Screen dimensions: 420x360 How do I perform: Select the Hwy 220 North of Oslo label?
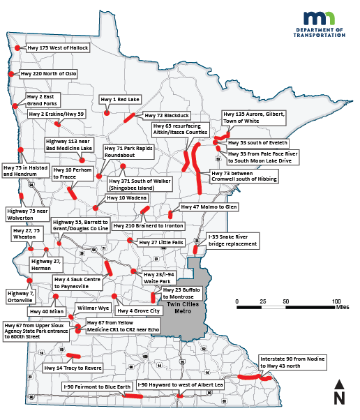point(48,73)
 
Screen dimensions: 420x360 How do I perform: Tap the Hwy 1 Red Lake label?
point(120,100)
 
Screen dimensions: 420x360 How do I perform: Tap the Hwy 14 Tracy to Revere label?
point(73,368)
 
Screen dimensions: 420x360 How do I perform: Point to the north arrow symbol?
point(339,392)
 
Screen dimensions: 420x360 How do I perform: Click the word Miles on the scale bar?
point(342,305)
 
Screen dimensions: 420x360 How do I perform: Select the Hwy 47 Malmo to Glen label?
point(209,207)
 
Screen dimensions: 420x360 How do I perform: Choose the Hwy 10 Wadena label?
point(122,198)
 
